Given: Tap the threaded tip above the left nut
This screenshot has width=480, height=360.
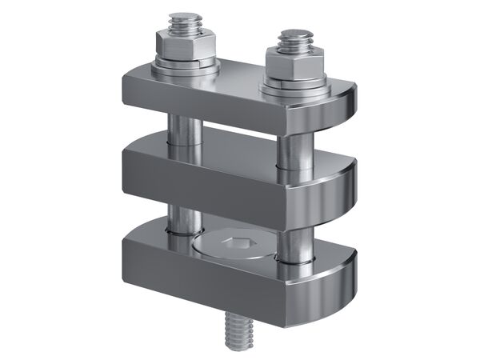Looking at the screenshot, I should point(186,22).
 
